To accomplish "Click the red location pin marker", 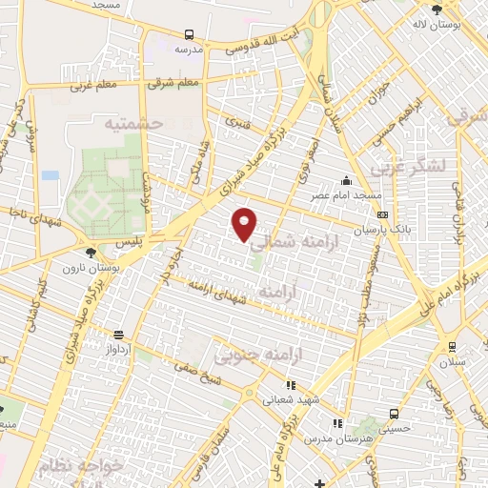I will coord(246,224).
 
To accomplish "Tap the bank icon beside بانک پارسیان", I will coord(381,214).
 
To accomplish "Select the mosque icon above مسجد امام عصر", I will coord(345,180).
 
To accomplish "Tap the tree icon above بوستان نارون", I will coord(90,253).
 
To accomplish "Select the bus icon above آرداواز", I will coord(118,335).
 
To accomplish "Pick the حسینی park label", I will coord(395,429).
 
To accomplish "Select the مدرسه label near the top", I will coord(191,49).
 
